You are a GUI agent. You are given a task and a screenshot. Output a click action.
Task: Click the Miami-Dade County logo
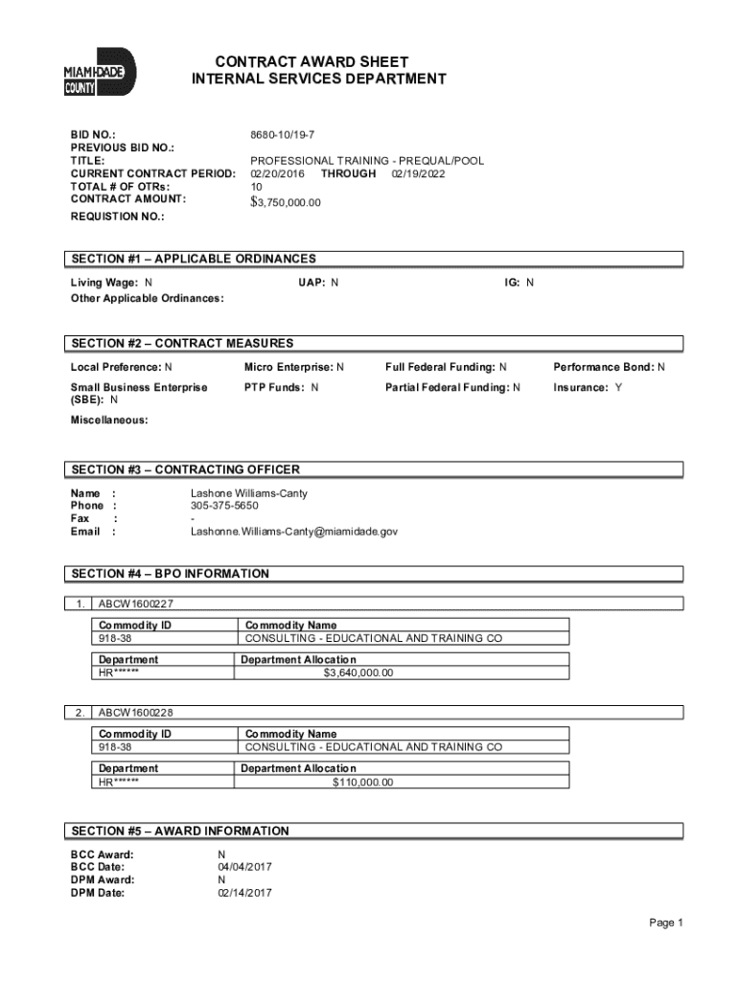[101, 72]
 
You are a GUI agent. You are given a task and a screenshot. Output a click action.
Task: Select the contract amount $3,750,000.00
[286, 202]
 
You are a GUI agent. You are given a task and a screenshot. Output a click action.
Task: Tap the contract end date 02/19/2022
[418, 174]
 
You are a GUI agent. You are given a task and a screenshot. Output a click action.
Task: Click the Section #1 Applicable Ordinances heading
[193, 259]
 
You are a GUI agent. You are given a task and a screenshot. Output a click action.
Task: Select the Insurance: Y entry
[587, 387]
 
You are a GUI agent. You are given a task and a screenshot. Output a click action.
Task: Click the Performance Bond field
[609, 367]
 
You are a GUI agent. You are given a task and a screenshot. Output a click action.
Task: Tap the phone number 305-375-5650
[224, 506]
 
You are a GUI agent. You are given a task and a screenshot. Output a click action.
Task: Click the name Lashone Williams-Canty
[249, 493]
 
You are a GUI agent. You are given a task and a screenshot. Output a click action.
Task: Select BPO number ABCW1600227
[135, 605]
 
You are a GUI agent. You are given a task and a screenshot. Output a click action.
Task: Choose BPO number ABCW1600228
[135, 713]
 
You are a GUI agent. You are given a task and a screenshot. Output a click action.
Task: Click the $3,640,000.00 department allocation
[357, 673]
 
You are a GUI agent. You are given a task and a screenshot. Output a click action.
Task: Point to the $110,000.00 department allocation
[362, 782]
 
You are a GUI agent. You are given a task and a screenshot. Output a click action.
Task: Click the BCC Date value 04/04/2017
[245, 867]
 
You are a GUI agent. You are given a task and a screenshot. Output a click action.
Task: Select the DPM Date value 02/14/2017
[245, 893]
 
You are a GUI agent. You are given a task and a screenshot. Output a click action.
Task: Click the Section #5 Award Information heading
[179, 831]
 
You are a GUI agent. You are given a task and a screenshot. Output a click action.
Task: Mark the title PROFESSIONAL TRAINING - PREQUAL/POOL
[367, 162]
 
